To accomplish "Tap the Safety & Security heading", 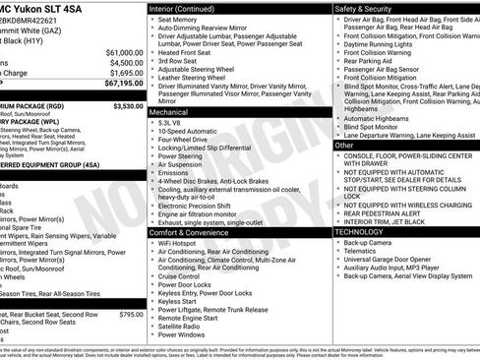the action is click(365, 8).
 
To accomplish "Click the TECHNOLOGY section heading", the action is click(361, 232).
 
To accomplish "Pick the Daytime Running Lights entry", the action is click(383, 43).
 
